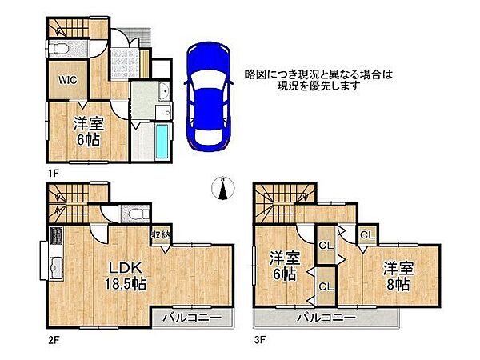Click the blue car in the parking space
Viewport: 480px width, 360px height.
[x=208, y=96]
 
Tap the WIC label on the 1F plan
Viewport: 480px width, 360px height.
[x=66, y=80]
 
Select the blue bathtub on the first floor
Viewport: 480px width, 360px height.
[x=162, y=142]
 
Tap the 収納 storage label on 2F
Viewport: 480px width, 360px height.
[x=160, y=234]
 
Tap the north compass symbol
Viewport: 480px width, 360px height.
[x=222, y=189]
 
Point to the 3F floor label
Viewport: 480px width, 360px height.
[x=261, y=339]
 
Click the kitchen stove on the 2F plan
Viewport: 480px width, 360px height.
[x=57, y=237]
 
